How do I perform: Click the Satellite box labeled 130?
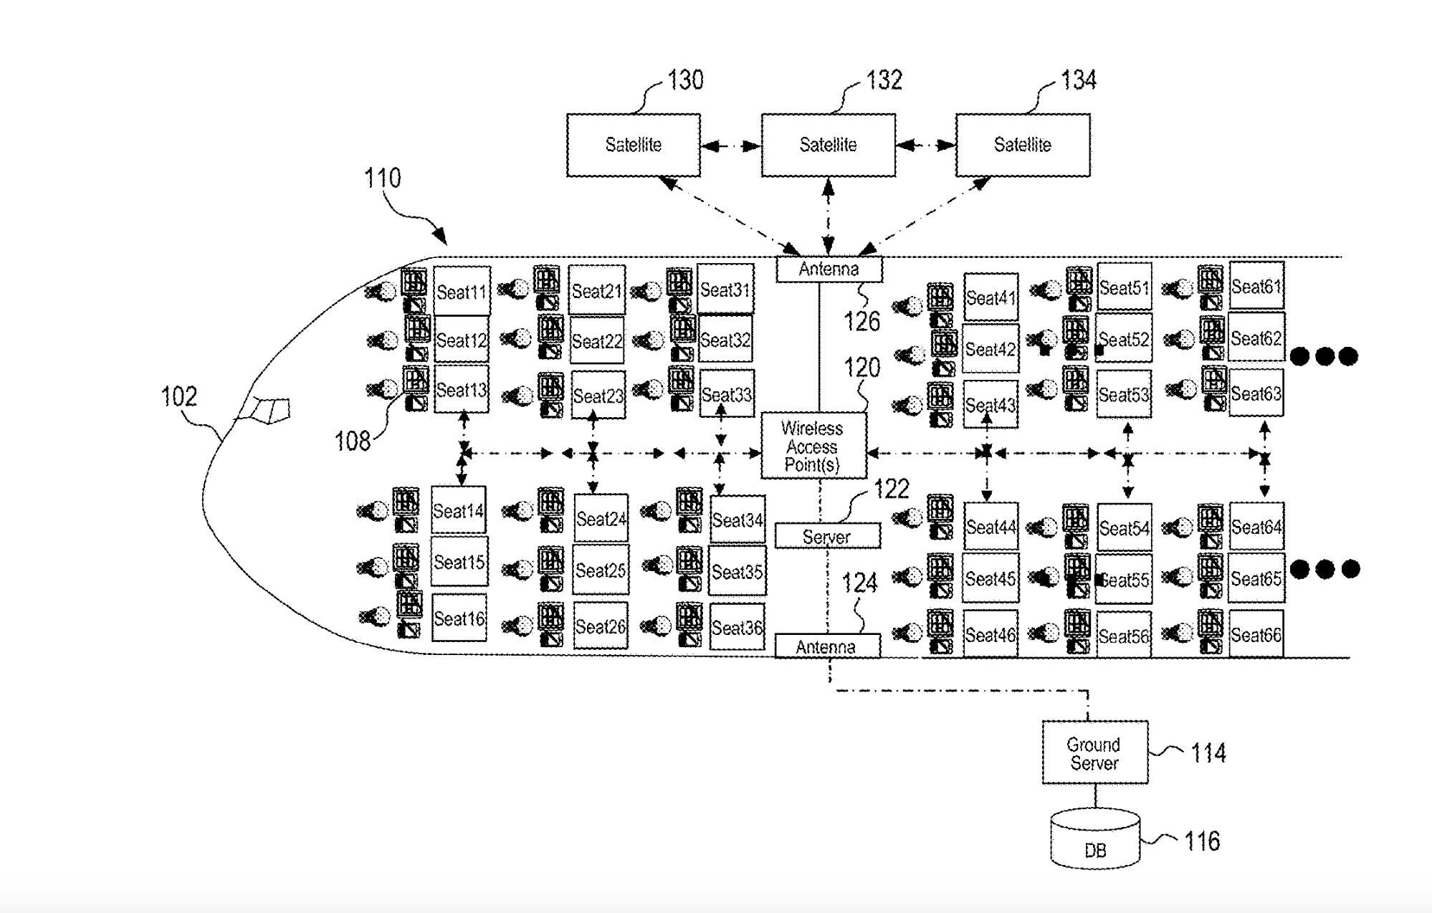[x=633, y=145]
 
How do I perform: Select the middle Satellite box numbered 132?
[x=828, y=145]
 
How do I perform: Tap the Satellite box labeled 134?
[x=1023, y=145]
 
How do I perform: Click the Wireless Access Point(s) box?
[x=813, y=446]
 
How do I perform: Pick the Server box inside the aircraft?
[x=827, y=536]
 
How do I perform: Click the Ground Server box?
[x=1094, y=752]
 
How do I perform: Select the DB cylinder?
[x=1095, y=840]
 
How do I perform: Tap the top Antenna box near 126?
[x=829, y=269]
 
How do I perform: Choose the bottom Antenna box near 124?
[x=826, y=646]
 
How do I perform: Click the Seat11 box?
[x=462, y=291]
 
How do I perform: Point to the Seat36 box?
[x=737, y=627]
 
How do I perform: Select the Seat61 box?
[x=1256, y=286]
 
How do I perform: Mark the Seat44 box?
[x=991, y=527]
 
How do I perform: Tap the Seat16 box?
[x=459, y=617]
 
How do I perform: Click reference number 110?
[x=382, y=178]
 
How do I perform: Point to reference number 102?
[x=178, y=396]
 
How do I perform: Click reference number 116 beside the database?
[x=1202, y=841]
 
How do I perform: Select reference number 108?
[x=353, y=441]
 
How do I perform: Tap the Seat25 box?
[x=601, y=570]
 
